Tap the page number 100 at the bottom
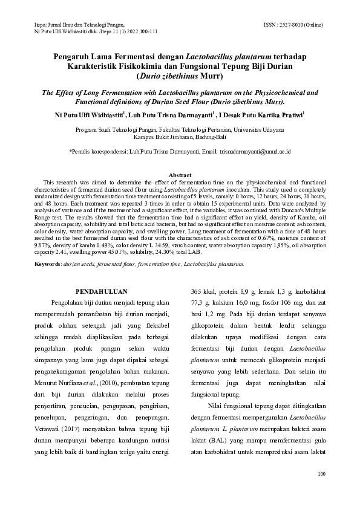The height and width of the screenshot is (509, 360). click(321, 473)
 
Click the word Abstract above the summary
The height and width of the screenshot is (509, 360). click(180, 174)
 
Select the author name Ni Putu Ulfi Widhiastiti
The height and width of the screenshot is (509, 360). click(88, 114)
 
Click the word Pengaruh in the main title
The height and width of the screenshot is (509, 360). click(74, 57)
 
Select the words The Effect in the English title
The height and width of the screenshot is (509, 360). click(54, 93)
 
